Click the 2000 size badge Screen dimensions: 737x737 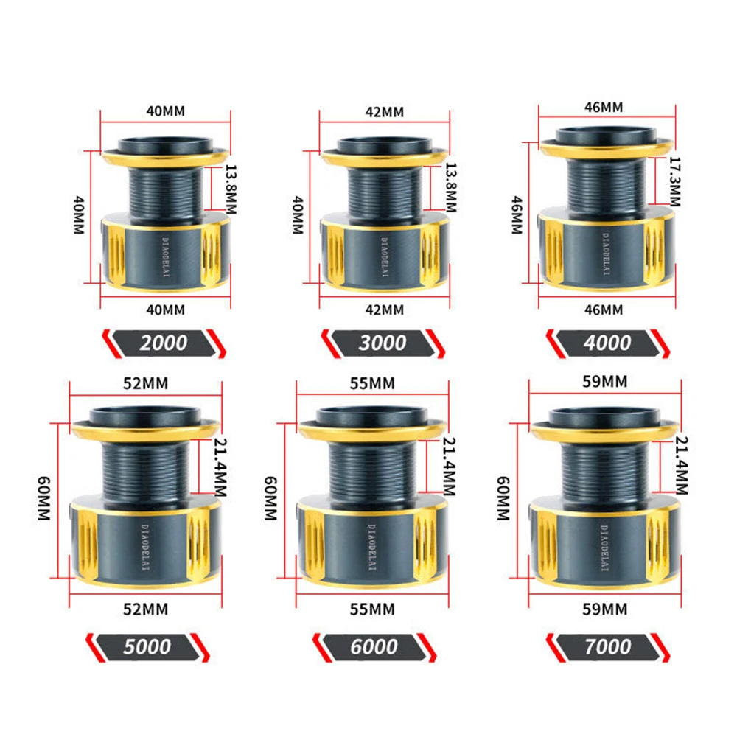coord(164,343)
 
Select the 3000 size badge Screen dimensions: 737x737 coord(383,343)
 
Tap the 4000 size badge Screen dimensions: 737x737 coord(608,343)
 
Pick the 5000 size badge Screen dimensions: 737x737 coord(147,647)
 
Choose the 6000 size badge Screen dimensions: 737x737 coord(374,647)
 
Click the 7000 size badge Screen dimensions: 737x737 coord(608,647)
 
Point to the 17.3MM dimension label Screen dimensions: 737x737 coord(675,182)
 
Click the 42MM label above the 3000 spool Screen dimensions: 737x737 coord(385,112)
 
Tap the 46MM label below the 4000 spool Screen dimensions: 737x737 coord(604,310)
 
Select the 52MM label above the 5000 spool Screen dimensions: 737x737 coord(146,383)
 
